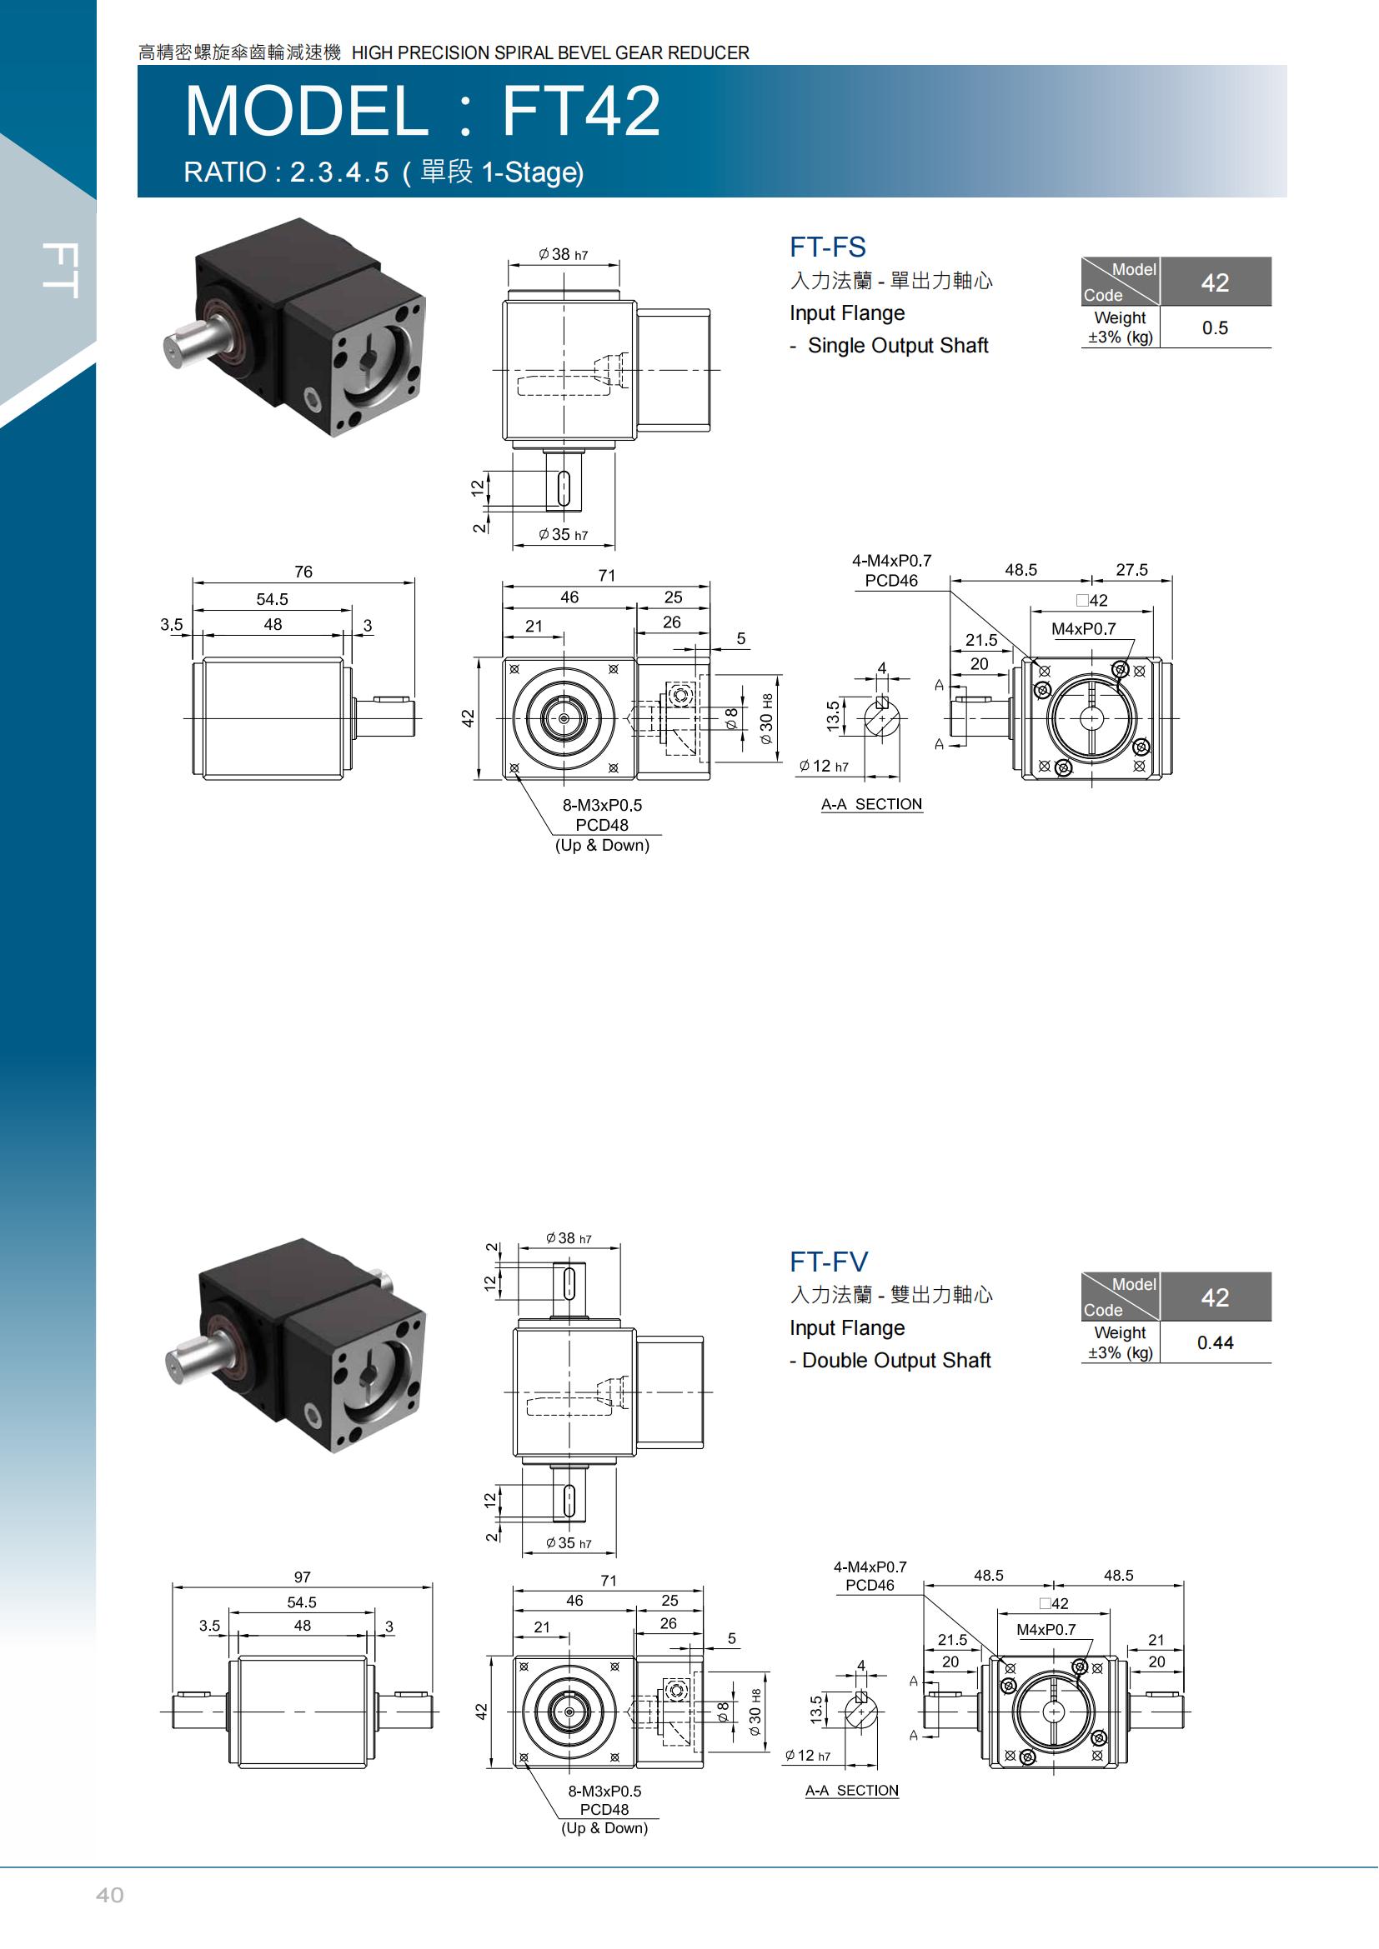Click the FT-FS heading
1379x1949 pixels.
(x=827, y=247)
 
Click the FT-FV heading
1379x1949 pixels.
(x=829, y=1262)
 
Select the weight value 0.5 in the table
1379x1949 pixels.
(x=1214, y=327)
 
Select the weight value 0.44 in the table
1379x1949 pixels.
(x=1214, y=1342)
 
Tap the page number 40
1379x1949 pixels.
(x=109, y=1895)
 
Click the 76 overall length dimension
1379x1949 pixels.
(x=303, y=572)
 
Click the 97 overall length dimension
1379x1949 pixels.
(x=303, y=1577)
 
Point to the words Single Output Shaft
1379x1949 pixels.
(x=898, y=346)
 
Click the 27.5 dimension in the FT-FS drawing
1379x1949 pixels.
(x=1131, y=570)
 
